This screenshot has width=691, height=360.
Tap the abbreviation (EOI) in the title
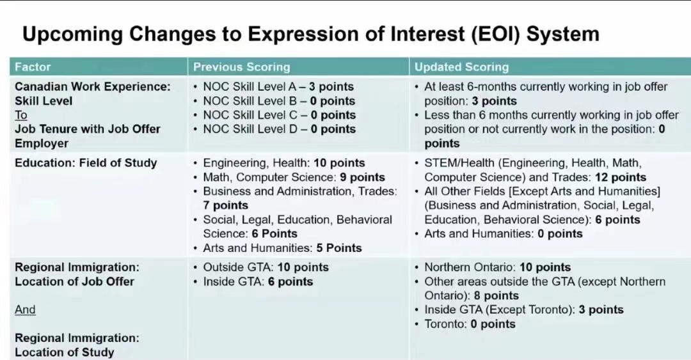tap(496, 35)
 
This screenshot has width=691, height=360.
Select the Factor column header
tap(33, 67)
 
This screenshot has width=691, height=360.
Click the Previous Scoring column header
tap(241, 67)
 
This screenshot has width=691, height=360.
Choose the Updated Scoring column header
tap(461, 67)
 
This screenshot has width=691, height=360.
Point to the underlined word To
tap(21, 115)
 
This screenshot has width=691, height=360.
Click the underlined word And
tap(25, 309)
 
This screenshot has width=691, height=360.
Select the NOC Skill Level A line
tap(278, 87)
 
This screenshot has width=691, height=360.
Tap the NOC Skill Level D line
tap(280, 129)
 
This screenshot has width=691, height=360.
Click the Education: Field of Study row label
tap(86, 163)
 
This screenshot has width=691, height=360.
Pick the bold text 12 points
tap(621, 178)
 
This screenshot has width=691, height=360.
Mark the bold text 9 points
tap(362, 178)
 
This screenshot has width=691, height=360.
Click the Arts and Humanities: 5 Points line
tap(283, 248)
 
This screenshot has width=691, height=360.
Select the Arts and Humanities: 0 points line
tap(504, 234)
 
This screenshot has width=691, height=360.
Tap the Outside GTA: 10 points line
tap(266, 267)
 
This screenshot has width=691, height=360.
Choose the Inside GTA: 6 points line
tap(258, 281)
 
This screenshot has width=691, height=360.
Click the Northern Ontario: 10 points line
tap(497, 267)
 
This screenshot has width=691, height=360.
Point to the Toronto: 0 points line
tap(470, 324)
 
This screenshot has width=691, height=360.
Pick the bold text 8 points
tap(496, 295)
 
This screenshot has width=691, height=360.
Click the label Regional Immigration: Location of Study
tap(77, 345)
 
